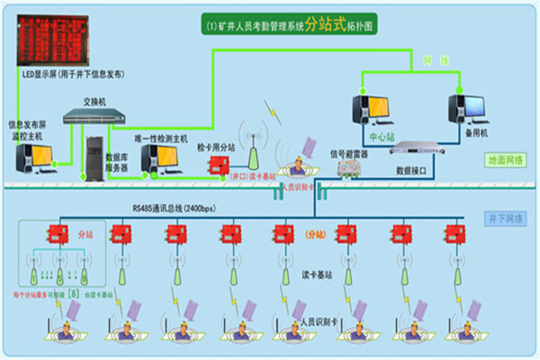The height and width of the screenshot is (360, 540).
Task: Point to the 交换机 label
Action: [x=94, y=101]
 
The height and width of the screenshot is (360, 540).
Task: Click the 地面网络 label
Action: [x=507, y=159]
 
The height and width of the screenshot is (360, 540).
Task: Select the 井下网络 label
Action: [x=508, y=218]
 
